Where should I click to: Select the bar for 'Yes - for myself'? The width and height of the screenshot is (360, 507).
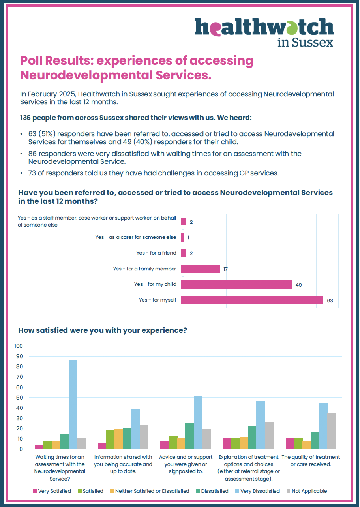(x=252, y=300)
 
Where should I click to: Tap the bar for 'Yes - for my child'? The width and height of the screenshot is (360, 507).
(x=236, y=284)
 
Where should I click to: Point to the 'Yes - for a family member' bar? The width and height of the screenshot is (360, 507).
(x=201, y=269)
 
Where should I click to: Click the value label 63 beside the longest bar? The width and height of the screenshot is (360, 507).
(x=330, y=300)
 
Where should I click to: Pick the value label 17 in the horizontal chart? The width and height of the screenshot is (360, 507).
(x=225, y=269)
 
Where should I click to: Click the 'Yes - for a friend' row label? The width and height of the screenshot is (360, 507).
(x=156, y=253)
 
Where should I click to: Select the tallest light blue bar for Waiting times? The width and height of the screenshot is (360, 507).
(x=73, y=404)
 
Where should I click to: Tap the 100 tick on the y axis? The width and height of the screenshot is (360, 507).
(x=19, y=346)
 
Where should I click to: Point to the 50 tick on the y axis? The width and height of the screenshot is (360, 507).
(x=19, y=398)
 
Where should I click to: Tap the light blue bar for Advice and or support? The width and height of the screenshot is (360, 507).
(x=198, y=422)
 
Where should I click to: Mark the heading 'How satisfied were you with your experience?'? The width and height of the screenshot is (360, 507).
(x=103, y=330)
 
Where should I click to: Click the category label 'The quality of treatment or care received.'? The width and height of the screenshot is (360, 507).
(x=310, y=461)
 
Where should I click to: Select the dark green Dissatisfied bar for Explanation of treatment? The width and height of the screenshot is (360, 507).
(x=252, y=438)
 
